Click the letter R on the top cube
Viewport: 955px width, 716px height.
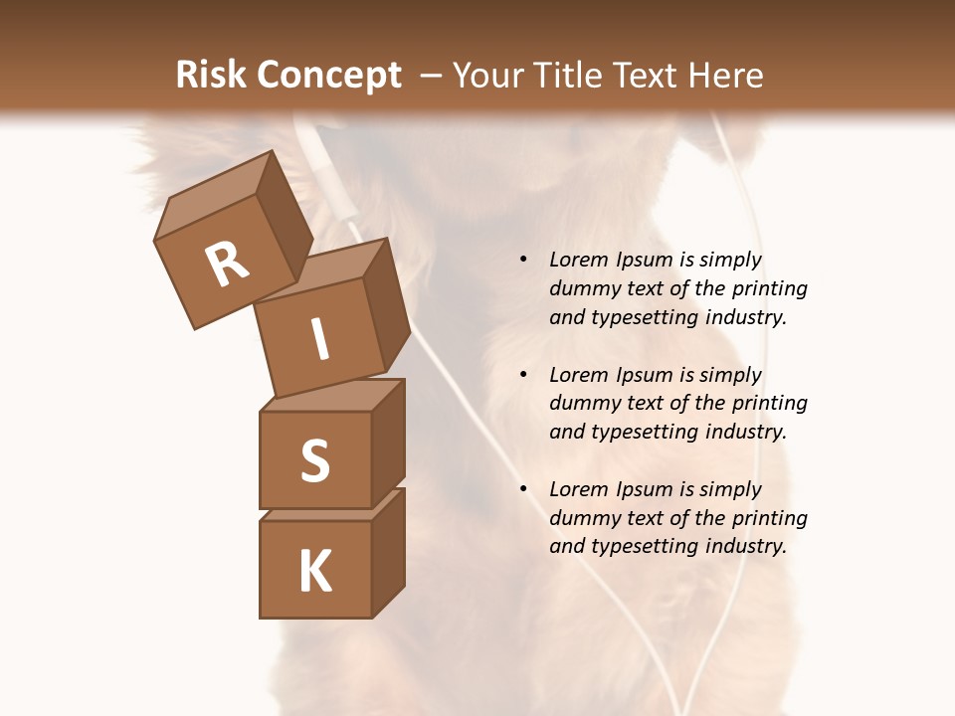click(227, 265)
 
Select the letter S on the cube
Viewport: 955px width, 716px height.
click(314, 461)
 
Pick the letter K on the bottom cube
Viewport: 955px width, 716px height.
click(314, 572)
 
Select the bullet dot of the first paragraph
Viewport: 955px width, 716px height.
click(523, 261)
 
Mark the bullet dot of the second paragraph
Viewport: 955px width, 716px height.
click(523, 375)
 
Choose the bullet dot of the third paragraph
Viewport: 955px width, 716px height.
click(523, 489)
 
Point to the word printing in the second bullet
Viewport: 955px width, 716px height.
click(769, 404)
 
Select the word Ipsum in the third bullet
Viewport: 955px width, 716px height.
click(643, 489)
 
